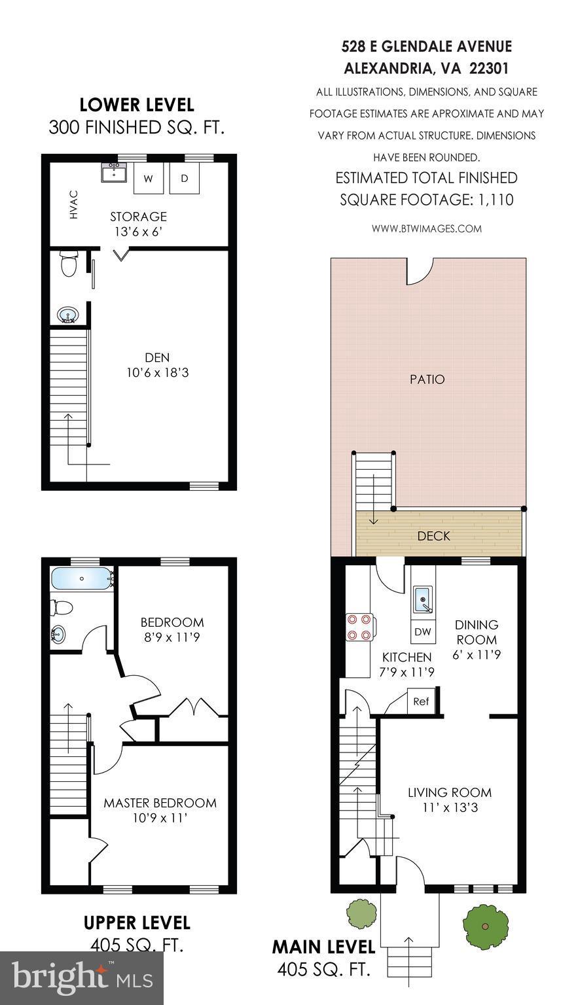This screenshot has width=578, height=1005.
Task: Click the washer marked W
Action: click(x=148, y=179)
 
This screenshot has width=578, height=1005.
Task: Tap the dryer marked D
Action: click(x=185, y=179)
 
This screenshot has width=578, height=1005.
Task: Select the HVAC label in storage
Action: click(x=74, y=205)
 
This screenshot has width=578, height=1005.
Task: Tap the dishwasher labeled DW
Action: click(x=422, y=632)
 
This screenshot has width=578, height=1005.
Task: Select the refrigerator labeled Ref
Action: click(x=421, y=701)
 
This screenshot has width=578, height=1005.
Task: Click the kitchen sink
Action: click(x=424, y=598)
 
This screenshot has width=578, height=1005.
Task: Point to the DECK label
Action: click(x=433, y=537)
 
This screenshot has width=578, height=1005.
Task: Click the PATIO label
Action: click(x=427, y=379)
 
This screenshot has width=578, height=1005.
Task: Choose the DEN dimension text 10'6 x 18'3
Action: click(x=158, y=373)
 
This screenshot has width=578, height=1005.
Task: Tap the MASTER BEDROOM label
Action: click(x=160, y=803)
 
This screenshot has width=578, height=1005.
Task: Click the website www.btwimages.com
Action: click(x=426, y=229)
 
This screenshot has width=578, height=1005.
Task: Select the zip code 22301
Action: click(x=488, y=68)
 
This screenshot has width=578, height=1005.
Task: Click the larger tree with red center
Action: click(x=485, y=926)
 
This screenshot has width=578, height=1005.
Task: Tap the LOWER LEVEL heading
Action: click(x=137, y=105)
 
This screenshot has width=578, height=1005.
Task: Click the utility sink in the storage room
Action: click(x=115, y=173)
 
